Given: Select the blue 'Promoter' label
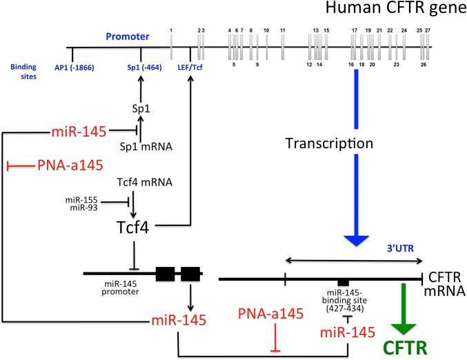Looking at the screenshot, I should (124, 37).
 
